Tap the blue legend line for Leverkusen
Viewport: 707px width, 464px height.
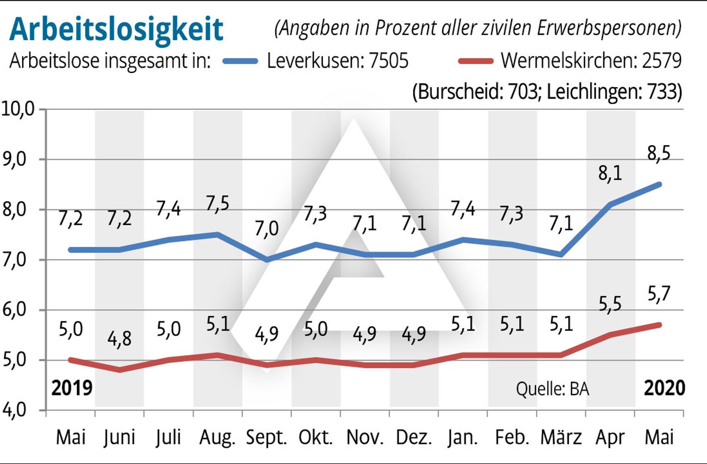[240, 61]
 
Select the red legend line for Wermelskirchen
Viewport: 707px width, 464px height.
[475, 61]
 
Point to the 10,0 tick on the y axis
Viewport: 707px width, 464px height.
[18, 109]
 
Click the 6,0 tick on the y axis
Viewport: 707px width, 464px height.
[14, 309]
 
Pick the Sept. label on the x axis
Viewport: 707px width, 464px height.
[267, 437]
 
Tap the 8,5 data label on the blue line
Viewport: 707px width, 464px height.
[659, 153]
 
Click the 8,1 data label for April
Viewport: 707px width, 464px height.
[610, 173]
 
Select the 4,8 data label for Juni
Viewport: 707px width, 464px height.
[119, 339]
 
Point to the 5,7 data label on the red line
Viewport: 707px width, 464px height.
[659, 294]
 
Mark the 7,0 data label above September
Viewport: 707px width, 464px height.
[267, 228]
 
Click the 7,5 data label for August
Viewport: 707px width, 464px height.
[218, 204]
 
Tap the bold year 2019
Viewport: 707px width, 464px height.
[72, 388]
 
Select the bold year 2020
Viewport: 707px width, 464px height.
[665, 388]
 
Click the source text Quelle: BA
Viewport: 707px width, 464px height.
[553, 389]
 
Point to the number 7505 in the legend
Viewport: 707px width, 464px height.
[388, 61]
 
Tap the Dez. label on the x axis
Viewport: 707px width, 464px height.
[414, 437]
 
